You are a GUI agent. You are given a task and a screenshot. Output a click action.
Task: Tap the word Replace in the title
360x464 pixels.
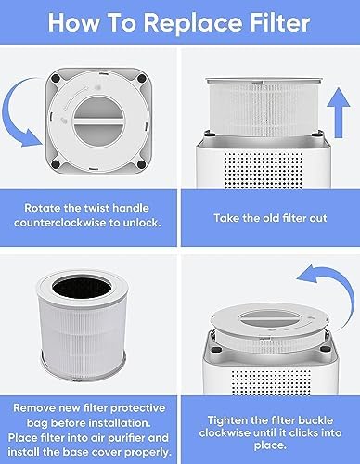click(193, 23)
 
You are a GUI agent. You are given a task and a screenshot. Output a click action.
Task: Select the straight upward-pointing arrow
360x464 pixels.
click(339, 112)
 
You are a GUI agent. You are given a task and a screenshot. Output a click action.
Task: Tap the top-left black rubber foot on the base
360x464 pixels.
click(56, 78)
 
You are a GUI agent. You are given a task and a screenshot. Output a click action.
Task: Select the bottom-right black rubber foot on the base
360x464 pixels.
click(141, 164)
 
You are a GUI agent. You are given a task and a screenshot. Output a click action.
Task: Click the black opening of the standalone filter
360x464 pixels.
click(82, 288)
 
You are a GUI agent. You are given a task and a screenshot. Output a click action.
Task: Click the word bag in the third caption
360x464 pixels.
click(37, 423)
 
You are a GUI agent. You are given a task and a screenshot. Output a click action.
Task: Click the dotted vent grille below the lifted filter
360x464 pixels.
click(263, 170)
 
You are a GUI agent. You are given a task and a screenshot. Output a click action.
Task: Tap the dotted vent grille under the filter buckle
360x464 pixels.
click(271, 382)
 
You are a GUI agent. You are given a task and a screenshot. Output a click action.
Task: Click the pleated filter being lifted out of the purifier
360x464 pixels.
click(264, 109)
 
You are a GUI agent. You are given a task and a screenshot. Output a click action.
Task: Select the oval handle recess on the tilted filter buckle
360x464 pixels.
click(268, 319)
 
